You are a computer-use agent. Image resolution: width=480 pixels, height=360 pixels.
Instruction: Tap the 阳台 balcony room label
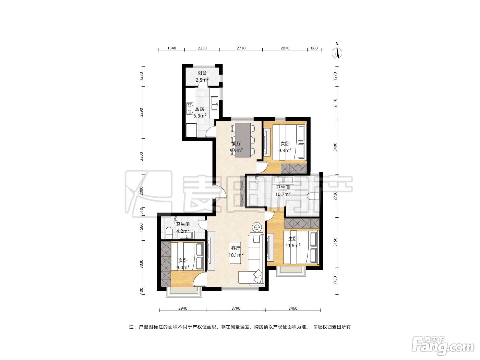(x=202, y=73)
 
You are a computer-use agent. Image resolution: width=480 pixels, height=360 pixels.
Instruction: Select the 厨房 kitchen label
(x=200, y=109)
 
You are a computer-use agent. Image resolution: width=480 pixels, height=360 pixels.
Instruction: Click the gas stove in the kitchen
(x=190, y=108)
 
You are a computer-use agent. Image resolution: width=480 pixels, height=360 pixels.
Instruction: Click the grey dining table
(x=242, y=140)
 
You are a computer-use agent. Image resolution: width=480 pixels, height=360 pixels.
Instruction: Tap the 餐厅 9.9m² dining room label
(x=236, y=147)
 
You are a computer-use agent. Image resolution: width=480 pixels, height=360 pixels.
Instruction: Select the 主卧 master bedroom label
(x=292, y=239)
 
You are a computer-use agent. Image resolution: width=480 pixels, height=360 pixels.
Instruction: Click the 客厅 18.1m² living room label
(x=236, y=251)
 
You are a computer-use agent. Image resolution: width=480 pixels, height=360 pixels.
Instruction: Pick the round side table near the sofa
(x=257, y=227)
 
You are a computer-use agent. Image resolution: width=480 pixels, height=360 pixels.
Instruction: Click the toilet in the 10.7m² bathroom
(x=313, y=196)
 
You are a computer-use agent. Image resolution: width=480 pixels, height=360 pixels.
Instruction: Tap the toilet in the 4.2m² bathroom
(x=169, y=233)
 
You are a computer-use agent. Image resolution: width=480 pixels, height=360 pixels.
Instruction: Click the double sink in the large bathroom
(x=283, y=179)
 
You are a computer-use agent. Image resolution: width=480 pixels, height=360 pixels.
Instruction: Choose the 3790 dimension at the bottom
(x=236, y=308)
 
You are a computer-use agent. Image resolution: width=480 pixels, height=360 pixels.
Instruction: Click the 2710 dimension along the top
(x=241, y=48)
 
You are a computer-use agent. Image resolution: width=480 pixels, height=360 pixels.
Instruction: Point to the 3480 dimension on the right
(x=335, y=147)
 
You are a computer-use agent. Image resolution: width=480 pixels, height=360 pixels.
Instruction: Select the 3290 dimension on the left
(x=141, y=112)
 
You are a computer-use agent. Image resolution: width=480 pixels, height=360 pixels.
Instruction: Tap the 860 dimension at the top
(x=314, y=48)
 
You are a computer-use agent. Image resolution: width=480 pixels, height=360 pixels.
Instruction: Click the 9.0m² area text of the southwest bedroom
(x=183, y=267)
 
